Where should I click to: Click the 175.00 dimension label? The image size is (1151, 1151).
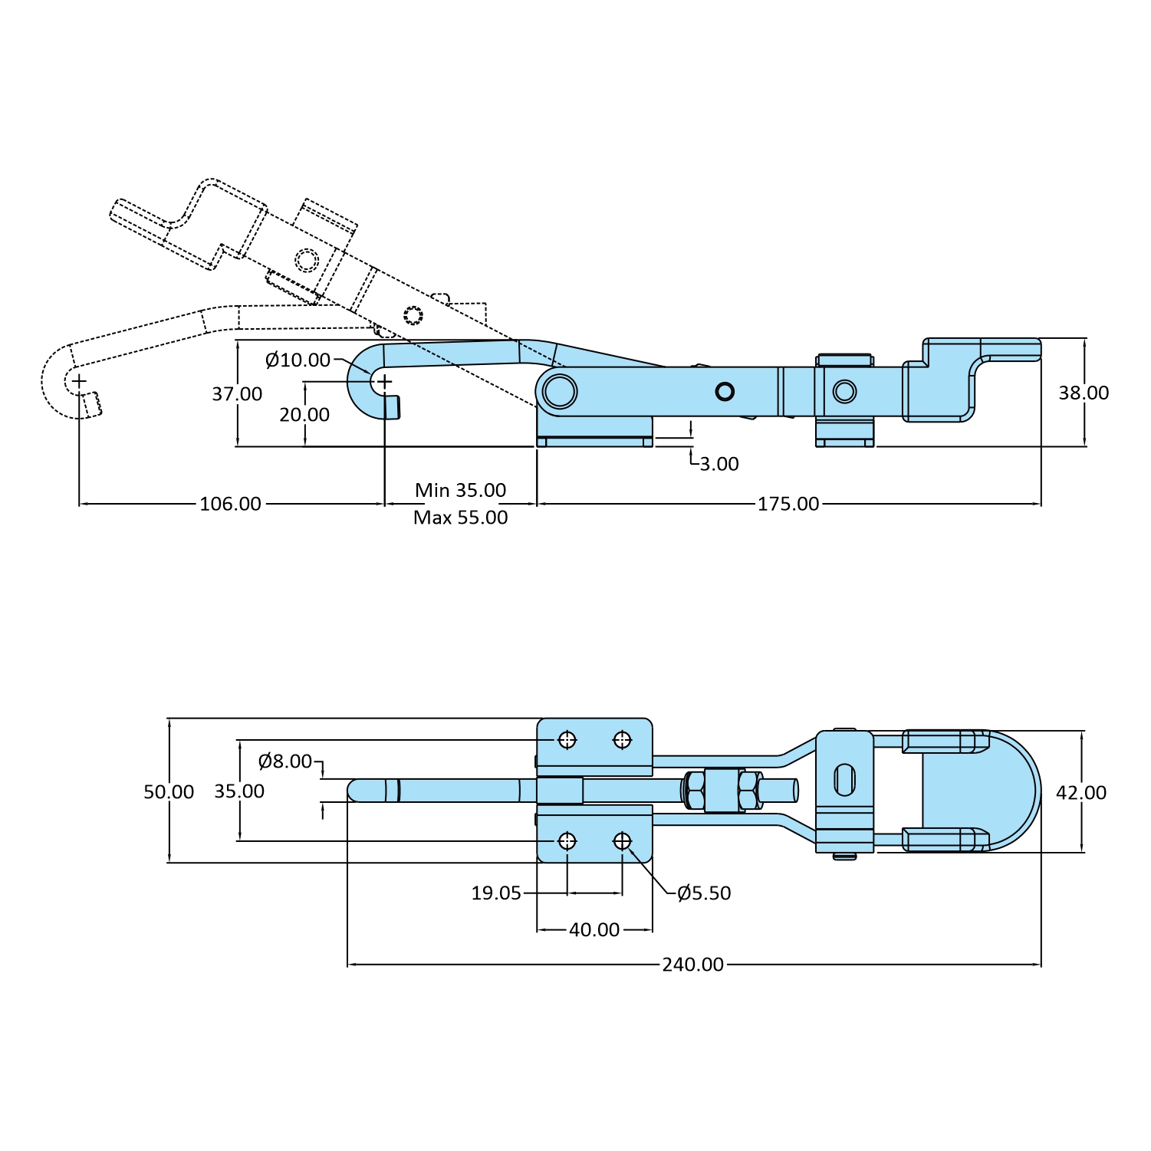tap(788, 504)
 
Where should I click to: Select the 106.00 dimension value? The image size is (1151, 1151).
tap(230, 504)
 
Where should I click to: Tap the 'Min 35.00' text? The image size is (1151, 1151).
tap(460, 490)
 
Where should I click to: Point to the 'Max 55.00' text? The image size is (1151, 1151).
tap(460, 518)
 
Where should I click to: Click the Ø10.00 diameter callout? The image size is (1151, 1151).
tap(298, 360)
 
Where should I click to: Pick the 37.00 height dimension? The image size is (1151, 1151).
tap(237, 393)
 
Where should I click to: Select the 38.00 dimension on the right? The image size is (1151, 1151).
tap(1084, 393)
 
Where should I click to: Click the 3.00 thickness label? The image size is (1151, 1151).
tap(719, 464)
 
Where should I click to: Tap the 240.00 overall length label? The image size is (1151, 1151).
tap(692, 965)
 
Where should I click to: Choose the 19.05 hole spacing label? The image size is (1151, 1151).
tap(496, 893)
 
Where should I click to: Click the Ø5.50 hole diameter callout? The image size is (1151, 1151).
tap(704, 893)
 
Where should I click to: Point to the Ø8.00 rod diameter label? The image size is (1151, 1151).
tap(285, 761)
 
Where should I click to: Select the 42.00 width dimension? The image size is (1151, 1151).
tap(1081, 792)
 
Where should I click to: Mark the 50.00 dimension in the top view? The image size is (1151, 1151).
tap(169, 791)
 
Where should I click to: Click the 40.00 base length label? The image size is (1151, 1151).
tap(594, 929)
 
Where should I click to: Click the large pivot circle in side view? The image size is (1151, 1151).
tap(560, 392)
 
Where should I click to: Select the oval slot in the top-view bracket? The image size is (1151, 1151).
tap(844, 780)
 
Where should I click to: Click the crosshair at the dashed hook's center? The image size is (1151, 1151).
tap(79, 380)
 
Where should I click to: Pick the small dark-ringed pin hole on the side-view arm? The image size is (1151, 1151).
tap(725, 392)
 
